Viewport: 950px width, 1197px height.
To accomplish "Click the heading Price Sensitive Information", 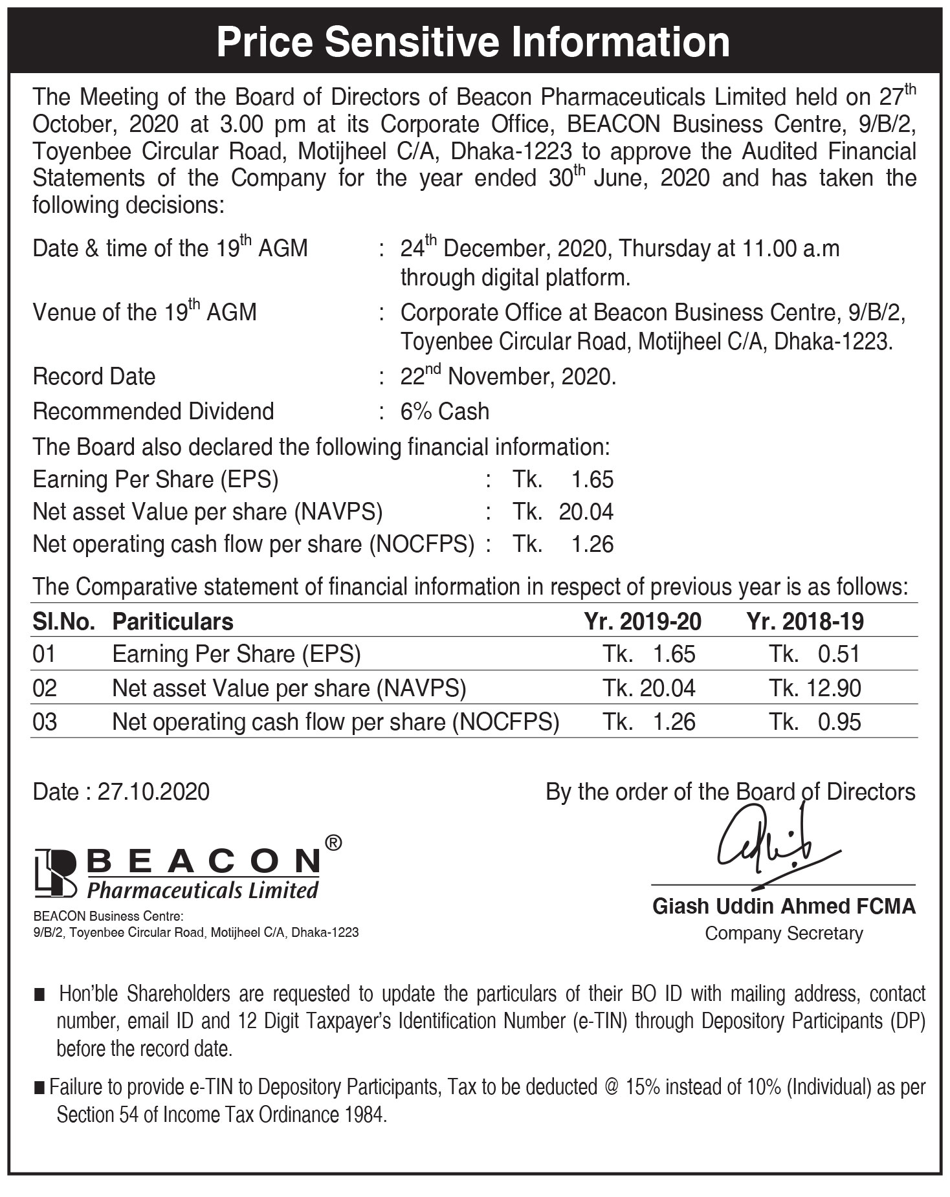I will point(474,41).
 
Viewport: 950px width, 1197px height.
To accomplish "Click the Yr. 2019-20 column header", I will point(642,621).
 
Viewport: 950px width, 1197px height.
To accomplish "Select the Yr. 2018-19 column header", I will point(805,621).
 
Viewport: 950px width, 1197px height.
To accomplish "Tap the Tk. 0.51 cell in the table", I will point(815,654).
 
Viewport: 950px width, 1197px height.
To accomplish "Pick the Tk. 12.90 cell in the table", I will point(815,688).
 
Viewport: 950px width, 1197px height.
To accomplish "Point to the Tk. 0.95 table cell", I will point(815,721).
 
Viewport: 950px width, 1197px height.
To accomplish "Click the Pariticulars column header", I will point(173,621).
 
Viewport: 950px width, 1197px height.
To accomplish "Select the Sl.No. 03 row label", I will point(45,721).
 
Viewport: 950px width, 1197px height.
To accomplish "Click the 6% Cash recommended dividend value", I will point(445,412).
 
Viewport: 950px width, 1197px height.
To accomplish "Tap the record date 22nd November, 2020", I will point(508,376).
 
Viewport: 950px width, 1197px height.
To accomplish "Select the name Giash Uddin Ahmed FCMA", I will point(784,906).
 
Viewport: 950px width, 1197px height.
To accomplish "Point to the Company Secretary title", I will point(784,933).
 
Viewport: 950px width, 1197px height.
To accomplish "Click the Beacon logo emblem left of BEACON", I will point(56,872).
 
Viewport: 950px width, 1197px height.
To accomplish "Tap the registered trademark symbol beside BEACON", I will point(332,842).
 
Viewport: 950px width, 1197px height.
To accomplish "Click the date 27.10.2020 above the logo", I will point(153,792).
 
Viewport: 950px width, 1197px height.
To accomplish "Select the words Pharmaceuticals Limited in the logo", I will point(203,890).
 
